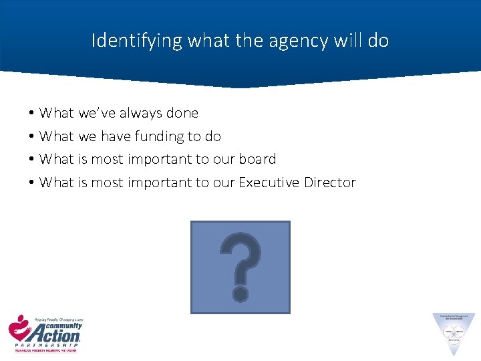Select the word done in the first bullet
tap(183, 113)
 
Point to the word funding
tap(158, 136)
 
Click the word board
tap(259, 159)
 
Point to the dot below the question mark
tap(240, 293)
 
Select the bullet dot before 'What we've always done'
tap(31, 113)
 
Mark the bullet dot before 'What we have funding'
tap(31, 136)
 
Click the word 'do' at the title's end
tap(378, 41)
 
